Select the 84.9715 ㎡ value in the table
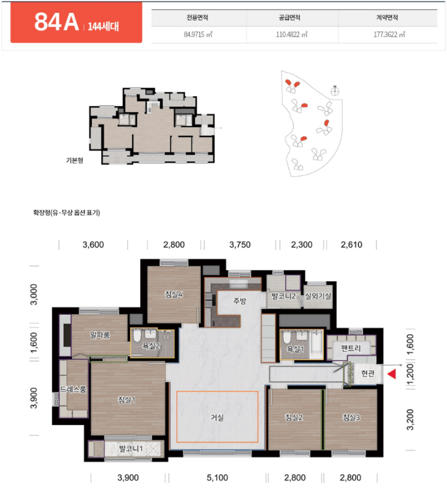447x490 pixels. (198, 35)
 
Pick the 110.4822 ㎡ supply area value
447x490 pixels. (291, 35)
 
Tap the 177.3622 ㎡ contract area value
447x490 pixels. (389, 35)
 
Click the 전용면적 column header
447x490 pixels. (197, 17)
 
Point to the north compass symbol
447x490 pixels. (335, 91)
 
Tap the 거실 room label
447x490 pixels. (217, 417)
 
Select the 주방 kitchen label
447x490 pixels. (239, 301)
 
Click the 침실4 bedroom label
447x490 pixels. (174, 294)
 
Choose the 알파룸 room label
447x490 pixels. (100, 335)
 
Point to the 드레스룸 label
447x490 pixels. (73, 389)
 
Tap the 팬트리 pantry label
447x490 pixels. (351, 348)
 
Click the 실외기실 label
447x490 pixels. (318, 296)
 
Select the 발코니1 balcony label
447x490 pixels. (131, 449)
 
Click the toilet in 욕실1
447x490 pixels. (286, 337)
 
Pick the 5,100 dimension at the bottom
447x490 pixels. (217, 478)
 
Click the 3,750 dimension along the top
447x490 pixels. (240, 244)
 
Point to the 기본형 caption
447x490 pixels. (75, 161)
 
